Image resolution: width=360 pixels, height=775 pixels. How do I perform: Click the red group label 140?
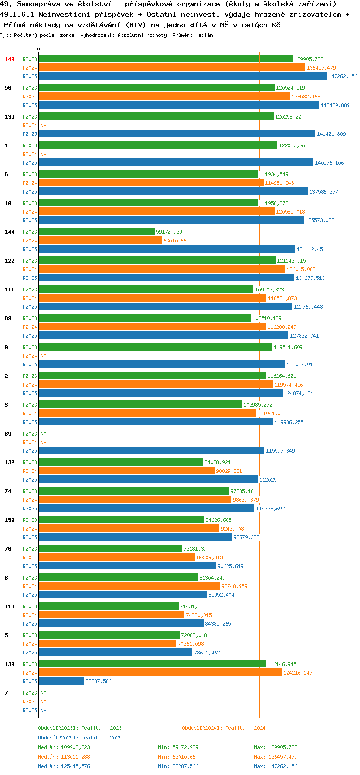[x=9, y=59]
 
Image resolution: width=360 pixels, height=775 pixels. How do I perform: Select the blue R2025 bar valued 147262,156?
[x=183, y=76]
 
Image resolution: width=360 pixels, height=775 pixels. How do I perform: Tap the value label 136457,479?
[x=321, y=68]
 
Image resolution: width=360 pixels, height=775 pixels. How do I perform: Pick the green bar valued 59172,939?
[x=97, y=231]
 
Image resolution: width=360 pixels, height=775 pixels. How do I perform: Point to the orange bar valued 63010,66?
[x=100, y=240]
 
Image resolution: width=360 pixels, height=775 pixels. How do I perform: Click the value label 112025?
[x=268, y=480]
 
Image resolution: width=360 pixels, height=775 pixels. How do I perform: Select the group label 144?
[x=9, y=232]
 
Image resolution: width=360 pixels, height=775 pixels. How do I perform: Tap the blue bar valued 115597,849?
[x=152, y=450]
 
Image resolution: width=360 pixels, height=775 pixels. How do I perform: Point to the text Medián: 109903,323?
[x=64, y=747]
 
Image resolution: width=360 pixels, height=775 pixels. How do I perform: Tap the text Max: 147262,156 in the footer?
[x=276, y=767]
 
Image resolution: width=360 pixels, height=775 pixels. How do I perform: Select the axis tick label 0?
[x=39, y=49]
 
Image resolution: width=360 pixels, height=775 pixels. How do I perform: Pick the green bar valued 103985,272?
[x=141, y=404]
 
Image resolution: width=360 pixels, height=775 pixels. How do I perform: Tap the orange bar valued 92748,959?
[x=129, y=586]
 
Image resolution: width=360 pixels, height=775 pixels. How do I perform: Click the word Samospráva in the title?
[x=39, y=4]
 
